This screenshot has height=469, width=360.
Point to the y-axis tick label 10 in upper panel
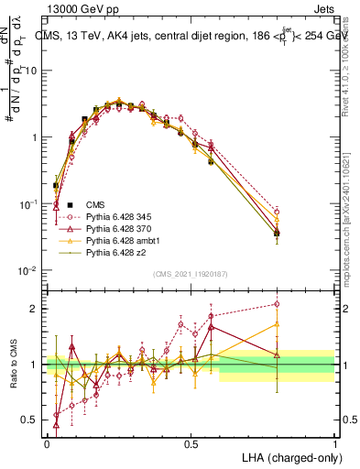click(x=31, y=71)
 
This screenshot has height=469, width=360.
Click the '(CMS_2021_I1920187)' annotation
click(x=191, y=272)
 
